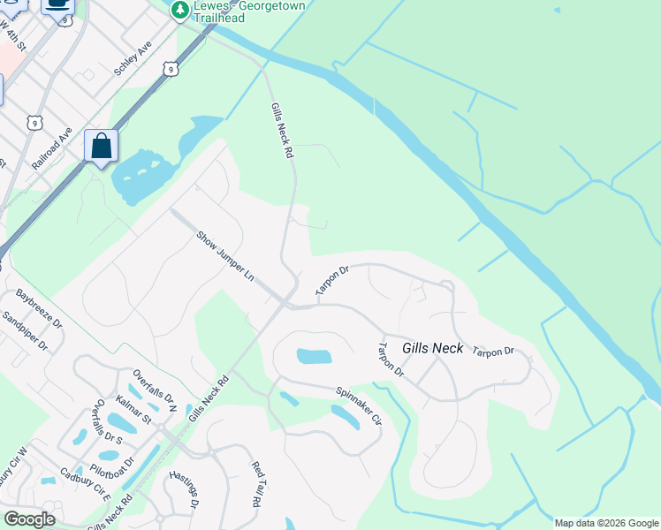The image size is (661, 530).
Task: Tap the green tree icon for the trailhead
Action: click(180, 10)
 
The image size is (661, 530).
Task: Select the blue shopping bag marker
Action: click(101, 147)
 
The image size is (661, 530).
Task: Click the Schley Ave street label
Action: click(133, 59)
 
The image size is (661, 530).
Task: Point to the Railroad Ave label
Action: click(51, 148)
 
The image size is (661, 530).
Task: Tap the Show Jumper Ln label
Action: click(225, 257)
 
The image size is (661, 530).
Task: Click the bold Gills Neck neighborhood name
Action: click(432, 348)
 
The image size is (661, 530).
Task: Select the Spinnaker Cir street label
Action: click(357, 404)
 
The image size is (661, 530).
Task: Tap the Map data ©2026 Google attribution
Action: click(606, 523)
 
